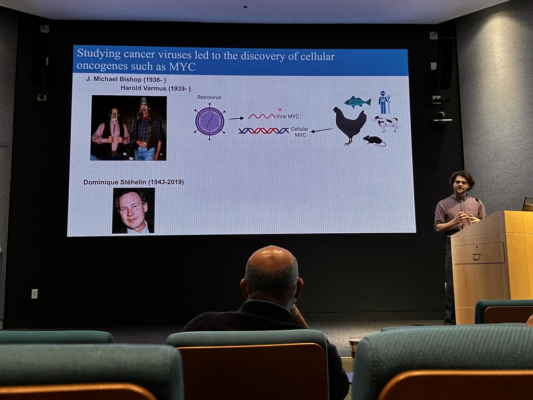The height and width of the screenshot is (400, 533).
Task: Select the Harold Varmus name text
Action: tap(144, 88)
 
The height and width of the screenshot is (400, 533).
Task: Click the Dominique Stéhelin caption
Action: tap(115, 182)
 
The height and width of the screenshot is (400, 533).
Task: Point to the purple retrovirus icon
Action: tap(210, 121)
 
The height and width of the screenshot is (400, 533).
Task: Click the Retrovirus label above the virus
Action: tap(209, 97)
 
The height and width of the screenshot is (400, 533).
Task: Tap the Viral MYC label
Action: tap(287, 116)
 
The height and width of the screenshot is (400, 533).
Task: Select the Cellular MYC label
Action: tap(300, 132)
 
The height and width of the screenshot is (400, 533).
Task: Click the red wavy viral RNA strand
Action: tap(261, 116)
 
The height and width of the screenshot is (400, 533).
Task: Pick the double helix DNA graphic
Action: tap(264, 131)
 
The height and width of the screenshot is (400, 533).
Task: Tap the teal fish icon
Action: tap(357, 102)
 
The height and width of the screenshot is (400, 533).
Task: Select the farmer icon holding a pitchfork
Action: tap(385, 103)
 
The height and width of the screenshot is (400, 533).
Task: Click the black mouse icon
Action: tap(374, 141)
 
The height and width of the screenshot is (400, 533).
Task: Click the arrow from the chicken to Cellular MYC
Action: tap(322, 130)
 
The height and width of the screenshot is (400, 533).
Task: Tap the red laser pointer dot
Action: tap(280, 109)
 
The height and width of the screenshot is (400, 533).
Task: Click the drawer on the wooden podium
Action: tap(479, 253)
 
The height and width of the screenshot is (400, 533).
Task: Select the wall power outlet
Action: tap(34, 294)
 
